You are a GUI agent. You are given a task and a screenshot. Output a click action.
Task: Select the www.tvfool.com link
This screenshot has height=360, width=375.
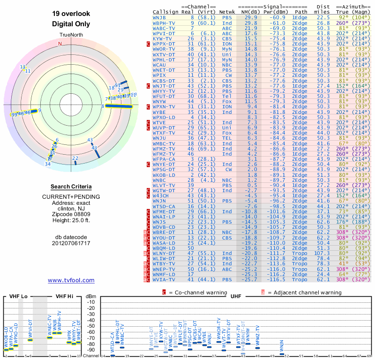[71, 280]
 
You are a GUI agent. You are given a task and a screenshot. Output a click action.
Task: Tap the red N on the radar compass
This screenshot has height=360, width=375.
[60, 44]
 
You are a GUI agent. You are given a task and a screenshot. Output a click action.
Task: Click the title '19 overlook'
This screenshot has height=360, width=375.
[71, 14]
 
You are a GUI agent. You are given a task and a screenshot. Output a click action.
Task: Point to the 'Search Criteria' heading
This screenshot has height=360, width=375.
[71, 187]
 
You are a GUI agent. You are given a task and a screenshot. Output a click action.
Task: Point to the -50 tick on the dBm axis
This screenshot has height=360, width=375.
[91, 326]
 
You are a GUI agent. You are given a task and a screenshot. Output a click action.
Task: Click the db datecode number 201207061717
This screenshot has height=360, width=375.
[71, 243]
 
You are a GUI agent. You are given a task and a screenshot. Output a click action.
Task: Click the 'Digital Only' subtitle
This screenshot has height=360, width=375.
[71, 24]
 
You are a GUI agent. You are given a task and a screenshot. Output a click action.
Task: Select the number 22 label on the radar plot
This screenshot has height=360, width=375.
[75, 158]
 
